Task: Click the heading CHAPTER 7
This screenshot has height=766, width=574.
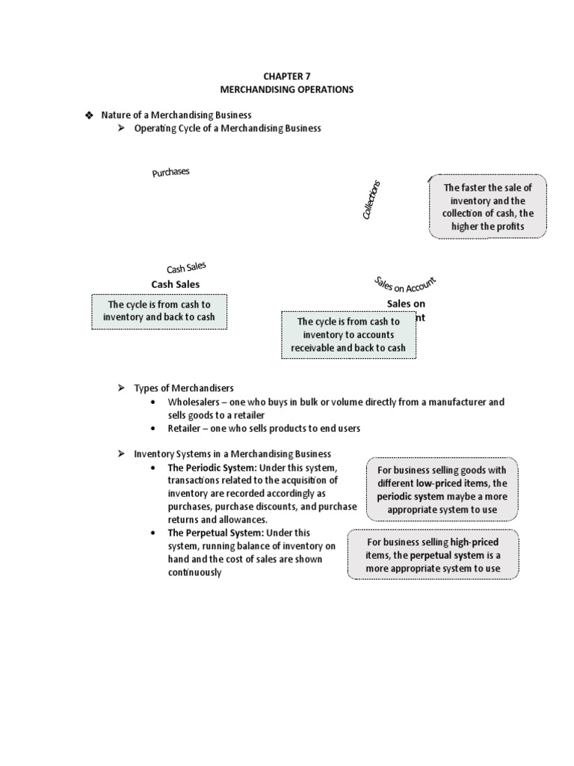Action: point(287,76)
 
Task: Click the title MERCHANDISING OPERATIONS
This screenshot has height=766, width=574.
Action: point(287,89)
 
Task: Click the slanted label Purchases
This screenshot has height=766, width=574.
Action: point(171,172)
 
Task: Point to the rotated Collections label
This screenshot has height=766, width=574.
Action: point(371,200)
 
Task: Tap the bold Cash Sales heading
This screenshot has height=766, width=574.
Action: point(176,284)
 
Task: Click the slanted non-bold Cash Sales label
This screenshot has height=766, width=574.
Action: point(186,267)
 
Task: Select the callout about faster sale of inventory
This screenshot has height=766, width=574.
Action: point(488,207)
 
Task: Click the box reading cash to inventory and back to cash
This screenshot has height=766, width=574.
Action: point(158,311)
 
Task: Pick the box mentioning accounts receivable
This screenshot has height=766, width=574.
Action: point(348,335)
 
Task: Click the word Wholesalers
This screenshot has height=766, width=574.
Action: point(194,402)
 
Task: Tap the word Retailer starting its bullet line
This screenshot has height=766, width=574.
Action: point(185,429)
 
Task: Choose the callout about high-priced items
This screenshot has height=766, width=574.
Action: point(433,555)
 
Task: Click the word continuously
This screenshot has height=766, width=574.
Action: point(195,572)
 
